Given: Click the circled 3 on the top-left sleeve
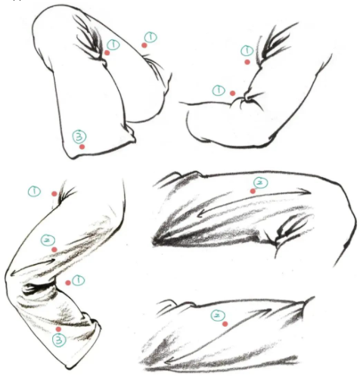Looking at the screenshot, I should pyautogui.click(x=78, y=136).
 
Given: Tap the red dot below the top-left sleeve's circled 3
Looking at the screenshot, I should pyautogui.click(x=82, y=147).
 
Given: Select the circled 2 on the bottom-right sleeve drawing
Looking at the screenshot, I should pyautogui.click(x=216, y=313).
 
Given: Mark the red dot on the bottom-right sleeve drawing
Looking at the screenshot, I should pyautogui.click(x=225, y=324).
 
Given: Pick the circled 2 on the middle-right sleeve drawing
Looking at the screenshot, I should pyautogui.click(x=259, y=182).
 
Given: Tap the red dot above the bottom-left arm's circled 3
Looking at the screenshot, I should pyautogui.click(x=59, y=329).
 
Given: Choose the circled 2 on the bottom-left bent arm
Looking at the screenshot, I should pyautogui.click(x=47, y=240).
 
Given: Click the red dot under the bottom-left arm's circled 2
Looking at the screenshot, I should pyautogui.click(x=54, y=249).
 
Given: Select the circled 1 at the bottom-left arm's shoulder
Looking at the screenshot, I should pyautogui.click(x=35, y=191).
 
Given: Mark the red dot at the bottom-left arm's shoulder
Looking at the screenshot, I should pyautogui.click(x=53, y=194).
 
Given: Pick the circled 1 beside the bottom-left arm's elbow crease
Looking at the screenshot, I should pyautogui.click(x=79, y=281).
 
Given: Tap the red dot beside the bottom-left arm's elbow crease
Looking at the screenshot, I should pyautogui.click(x=68, y=282).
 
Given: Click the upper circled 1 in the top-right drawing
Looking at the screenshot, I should pyautogui.click(x=247, y=51).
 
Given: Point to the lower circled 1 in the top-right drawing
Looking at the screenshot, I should pyautogui.click(x=219, y=89).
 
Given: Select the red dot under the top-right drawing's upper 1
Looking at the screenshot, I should pyautogui.click(x=247, y=62).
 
